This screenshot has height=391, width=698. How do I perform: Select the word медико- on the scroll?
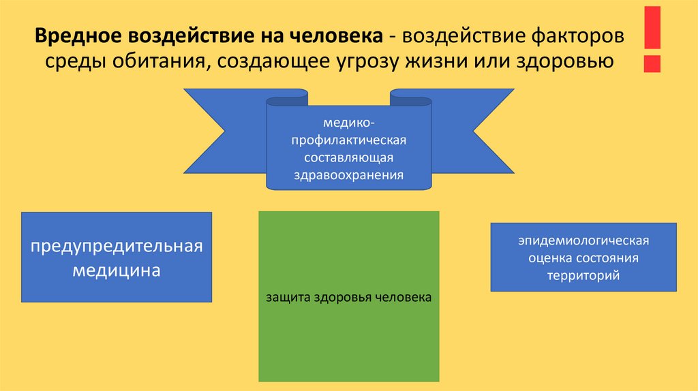pyautogui.click(x=348, y=123)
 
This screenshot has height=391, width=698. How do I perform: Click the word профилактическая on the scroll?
pyautogui.click(x=348, y=140)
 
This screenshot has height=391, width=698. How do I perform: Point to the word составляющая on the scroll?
pyautogui.click(x=348, y=157)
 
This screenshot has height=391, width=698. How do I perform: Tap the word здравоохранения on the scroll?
pyautogui.click(x=348, y=174)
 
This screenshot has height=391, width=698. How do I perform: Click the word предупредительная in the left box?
pyautogui.click(x=117, y=246)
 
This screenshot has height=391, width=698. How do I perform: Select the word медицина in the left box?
pyautogui.click(x=117, y=270)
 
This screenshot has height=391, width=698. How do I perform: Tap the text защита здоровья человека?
pyautogui.click(x=348, y=298)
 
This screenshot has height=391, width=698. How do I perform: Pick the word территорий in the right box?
pyautogui.click(x=582, y=276)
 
